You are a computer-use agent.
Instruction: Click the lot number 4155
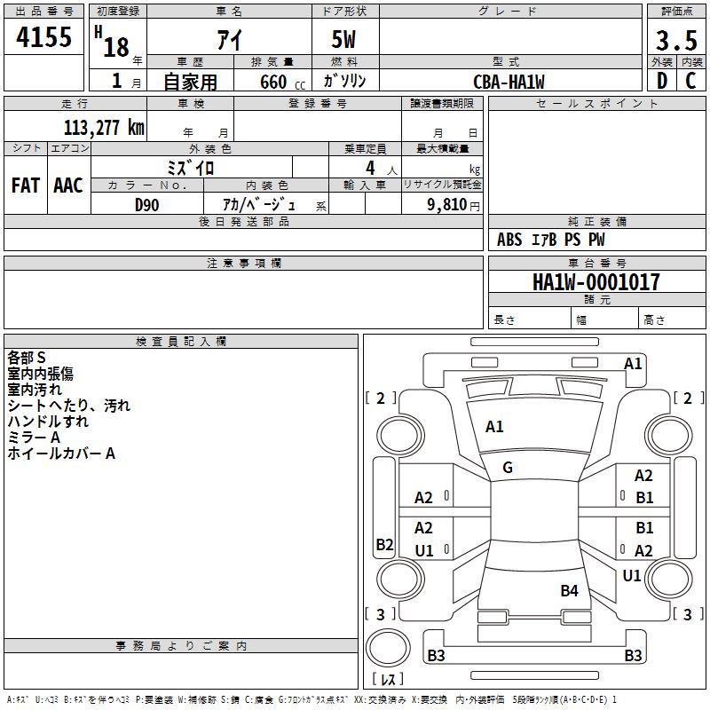pyautogui.click(x=43, y=37)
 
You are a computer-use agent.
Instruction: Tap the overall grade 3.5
pyautogui.click(x=676, y=40)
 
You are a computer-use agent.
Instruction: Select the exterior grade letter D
pyautogui.click(x=662, y=81)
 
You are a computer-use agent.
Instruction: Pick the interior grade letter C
pyautogui.click(x=690, y=81)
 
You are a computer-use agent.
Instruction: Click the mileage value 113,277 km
pyautogui.click(x=104, y=128)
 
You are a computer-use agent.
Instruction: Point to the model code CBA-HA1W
pyautogui.click(x=509, y=82)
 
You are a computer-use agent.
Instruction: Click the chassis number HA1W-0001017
pyautogui.click(x=596, y=282)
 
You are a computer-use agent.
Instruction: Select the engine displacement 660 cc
pyautogui.click(x=282, y=83)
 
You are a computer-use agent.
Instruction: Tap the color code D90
pyautogui.click(x=146, y=205)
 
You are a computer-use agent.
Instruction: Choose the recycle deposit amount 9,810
pyautogui.click(x=447, y=205)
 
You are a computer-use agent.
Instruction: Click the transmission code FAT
pyautogui.click(x=26, y=185)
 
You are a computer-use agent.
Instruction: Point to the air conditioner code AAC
pyautogui.click(x=68, y=185)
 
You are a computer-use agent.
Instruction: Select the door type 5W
pyautogui.click(x=343, y=39)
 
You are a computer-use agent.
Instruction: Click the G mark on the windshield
pyautogui.click(x=508, y=468)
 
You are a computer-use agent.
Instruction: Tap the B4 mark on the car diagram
pyautogui.click(x=569, y=590)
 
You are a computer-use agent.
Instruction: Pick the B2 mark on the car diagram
pyautogui.click(x=384, y=544)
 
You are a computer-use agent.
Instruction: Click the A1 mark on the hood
pyautogui.click(x=494, y=427)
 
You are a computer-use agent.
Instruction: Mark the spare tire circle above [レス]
pyautogui.click(x=388, y=648)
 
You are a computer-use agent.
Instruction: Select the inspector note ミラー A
pyautogui.click(x=34, y=438)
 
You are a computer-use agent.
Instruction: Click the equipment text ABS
pyautogui.click(x=509, y=240)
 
